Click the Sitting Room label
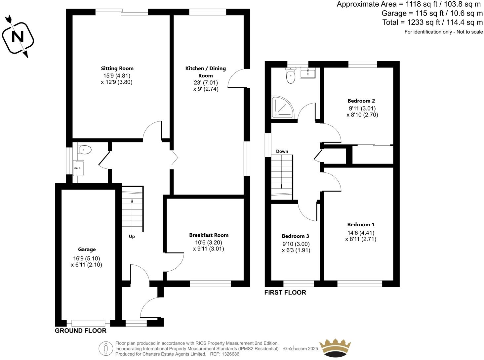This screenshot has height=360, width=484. (117, 68)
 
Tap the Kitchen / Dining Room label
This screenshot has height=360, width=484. (205, 72)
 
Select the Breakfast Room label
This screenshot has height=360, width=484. (209, 235)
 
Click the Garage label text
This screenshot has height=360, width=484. (87, 249)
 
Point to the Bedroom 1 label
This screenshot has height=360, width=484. (361, 225)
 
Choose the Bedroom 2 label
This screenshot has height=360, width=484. (361, 101)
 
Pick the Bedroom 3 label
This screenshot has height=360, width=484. (295, 236)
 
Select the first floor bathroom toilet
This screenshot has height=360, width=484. (291, 76)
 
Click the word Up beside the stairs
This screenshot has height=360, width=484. (132, 237)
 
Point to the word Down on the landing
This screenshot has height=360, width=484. (282, 152)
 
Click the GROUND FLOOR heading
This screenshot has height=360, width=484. (81, 331)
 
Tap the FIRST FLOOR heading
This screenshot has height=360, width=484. (285, 292)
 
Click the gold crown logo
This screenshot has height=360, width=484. (335, 348)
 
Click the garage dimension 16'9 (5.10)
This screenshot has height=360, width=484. (87, 258)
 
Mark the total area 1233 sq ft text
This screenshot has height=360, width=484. (432, 22)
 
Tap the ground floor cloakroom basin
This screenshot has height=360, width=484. (79, 168)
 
